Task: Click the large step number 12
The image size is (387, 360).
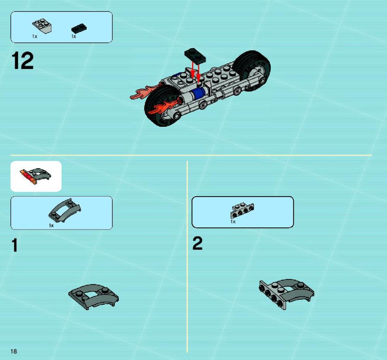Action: (x=23, y=60)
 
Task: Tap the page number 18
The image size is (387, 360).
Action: (x=14, y=351)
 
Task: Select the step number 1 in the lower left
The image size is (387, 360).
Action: (x=15, y=245)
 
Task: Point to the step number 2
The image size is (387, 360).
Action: (x=198, y=243)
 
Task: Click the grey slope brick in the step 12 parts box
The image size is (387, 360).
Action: (x=42, y=26)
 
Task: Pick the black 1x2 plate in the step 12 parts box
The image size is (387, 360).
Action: (x=79, y=29)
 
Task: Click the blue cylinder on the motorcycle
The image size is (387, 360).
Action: (x=200, y=93)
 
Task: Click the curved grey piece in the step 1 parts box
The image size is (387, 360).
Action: (x=64, y=210)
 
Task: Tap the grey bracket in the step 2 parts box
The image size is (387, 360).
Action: (x=242, y=211)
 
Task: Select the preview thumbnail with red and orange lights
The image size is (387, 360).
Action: (x=36, y=176)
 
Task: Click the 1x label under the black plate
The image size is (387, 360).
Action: (x=73, y=37)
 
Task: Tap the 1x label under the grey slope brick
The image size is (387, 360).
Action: (x=35, y=37)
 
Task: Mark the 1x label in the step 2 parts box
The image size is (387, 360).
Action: (x=233, y=221)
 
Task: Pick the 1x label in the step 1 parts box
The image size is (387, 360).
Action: (x=51, y=226)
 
